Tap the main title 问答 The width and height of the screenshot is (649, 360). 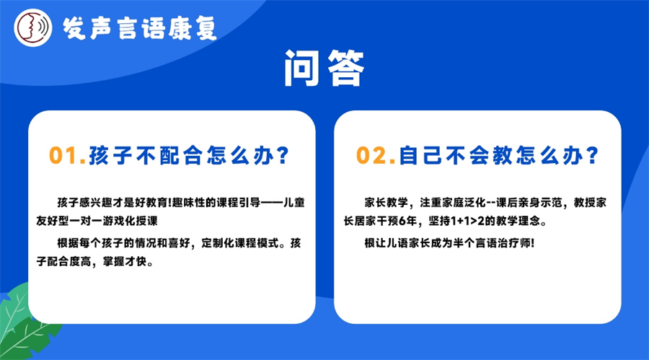coord(324,70)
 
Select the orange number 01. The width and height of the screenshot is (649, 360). coord(67,155)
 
